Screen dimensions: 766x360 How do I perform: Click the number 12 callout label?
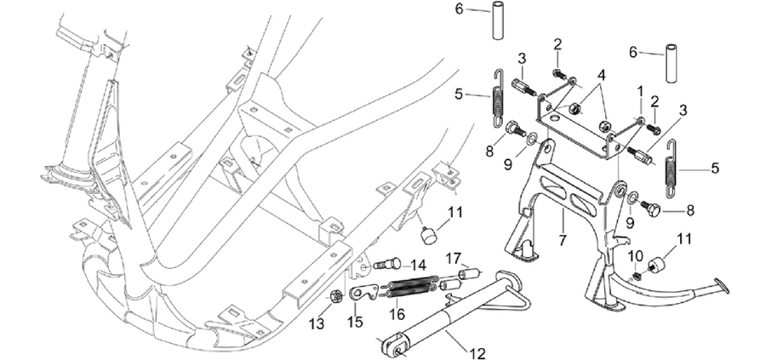point(477,352)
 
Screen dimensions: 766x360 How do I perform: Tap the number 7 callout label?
point(563,240)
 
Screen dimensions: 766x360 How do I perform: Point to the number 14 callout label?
point(418,266)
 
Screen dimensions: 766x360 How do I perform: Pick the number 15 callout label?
point(355,323)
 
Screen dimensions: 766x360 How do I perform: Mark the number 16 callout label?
point(397,314)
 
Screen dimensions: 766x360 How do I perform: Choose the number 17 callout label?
point(453,256)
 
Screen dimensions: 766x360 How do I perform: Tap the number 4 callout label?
point(600,75)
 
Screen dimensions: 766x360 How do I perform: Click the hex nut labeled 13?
point(335,296)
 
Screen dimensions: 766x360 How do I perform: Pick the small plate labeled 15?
point(362,293)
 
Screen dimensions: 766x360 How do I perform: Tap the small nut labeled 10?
point(637,277)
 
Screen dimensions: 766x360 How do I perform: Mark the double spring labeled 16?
point(412,287)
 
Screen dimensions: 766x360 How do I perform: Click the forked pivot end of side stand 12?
point(393,346)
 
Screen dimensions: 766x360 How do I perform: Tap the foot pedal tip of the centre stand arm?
point(721,286)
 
